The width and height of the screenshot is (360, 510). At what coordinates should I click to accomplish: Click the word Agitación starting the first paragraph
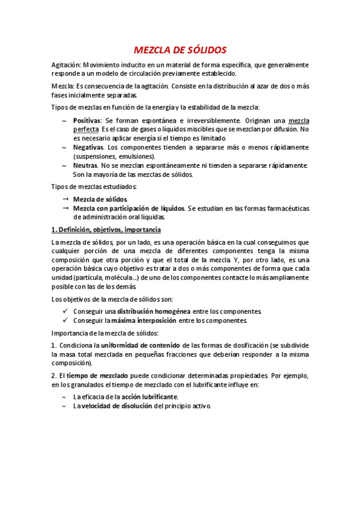(x=66, y=64)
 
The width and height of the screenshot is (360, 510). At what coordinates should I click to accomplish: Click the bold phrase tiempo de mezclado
(x=97, y=376)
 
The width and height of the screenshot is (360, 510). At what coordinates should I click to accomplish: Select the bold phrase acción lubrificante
(x=150, y=397)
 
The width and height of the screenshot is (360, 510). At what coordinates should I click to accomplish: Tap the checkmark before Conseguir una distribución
(x=65, y=312)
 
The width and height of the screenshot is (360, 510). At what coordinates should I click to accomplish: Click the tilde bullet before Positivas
(x=64, y=121)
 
